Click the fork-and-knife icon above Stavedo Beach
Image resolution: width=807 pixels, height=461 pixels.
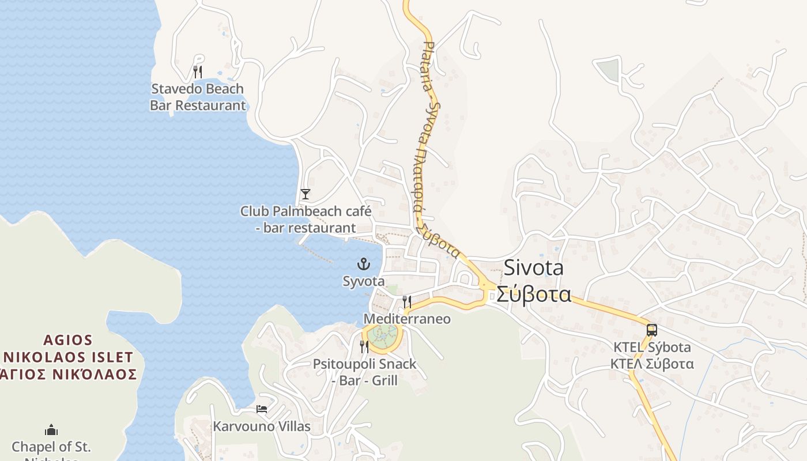tap(198, 72)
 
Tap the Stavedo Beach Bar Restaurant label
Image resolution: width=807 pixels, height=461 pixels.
tap(198, 97)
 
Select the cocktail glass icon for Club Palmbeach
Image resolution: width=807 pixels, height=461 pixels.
tap(306, 194)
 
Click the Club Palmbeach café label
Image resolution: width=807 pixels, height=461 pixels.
tap(306, 220)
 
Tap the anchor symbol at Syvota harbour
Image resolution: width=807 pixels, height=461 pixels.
tap(364, 264)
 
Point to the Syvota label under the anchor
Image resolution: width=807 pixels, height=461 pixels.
tap(364, 282)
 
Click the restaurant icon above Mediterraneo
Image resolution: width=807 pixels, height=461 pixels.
tap(407, 301)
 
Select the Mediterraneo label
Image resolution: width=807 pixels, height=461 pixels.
tap(407, 319)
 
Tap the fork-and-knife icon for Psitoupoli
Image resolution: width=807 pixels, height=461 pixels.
tap(364, 346)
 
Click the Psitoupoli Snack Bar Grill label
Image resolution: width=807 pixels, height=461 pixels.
tap(364, 372)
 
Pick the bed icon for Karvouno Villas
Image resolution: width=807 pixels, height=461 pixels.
tap(262, 409)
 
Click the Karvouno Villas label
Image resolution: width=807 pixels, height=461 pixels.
tap(262, 426)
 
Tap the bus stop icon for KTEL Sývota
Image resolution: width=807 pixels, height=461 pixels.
tap(652, 330)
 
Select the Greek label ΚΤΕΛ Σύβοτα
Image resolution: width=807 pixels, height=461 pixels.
tap(652, 364)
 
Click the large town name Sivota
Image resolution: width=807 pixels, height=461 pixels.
tap(534, 268)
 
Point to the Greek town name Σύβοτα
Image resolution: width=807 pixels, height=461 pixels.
tap(534, 294)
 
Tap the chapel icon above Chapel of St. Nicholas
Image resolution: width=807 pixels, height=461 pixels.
tap(51, 430)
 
